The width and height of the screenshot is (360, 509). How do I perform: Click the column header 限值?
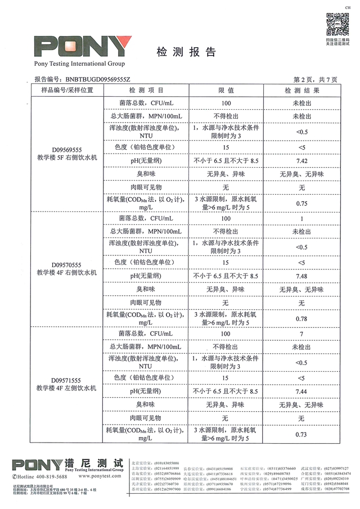coord(226,90)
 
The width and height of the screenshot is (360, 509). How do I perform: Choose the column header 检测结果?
coord(301,90)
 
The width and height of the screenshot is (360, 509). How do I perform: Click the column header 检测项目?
coord(146,90)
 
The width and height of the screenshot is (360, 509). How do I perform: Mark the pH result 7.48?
coord(301,276)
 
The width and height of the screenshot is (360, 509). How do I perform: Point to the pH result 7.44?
coord(301,391)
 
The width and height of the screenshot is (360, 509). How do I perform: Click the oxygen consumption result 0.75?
coord(301,204)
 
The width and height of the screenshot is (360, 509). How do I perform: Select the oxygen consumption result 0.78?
coord(301,319)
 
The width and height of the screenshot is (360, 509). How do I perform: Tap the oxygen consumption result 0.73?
coord(301,434)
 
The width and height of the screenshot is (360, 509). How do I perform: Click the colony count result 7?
coord(301,334)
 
